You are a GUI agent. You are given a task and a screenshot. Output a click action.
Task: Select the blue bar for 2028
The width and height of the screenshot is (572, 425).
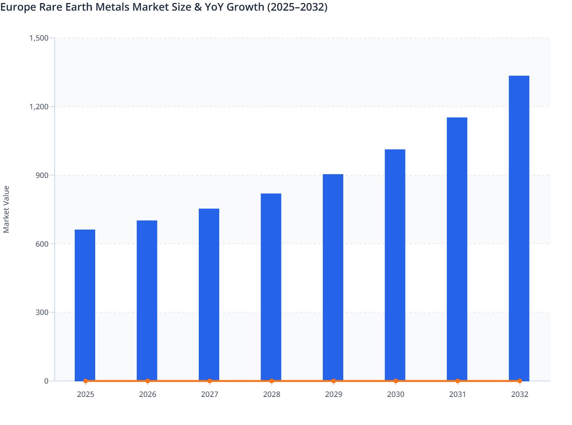(271, 287)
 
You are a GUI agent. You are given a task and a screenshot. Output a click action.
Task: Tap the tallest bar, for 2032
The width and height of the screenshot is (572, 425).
(519, 228)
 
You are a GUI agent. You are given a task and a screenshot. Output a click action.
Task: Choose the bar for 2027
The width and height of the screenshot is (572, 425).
(209, 294)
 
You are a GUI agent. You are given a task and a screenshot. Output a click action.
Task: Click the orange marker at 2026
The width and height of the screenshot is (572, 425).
(148, 381)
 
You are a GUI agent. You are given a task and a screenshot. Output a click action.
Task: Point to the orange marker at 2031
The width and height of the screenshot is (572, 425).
(457, 381)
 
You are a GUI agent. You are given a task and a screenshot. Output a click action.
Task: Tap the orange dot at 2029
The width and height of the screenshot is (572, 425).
(333, 381)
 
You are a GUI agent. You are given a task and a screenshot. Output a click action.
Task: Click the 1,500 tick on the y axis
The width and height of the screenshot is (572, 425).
(39, 38)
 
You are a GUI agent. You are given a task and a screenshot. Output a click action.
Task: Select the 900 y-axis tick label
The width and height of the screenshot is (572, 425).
(43, 175)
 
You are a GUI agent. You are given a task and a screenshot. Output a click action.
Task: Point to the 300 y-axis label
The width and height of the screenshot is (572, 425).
(43, 312)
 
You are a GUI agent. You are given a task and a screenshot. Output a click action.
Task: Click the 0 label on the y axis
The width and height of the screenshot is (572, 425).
(46, 381)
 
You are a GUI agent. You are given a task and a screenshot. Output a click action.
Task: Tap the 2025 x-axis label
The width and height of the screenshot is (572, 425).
(85, 394)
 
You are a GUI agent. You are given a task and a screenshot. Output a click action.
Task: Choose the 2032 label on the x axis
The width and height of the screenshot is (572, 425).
(519, 394)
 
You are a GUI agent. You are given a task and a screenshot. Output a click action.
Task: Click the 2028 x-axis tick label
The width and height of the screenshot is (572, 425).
(272, 394)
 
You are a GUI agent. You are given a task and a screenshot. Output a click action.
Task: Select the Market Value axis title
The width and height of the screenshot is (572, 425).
(6, 209)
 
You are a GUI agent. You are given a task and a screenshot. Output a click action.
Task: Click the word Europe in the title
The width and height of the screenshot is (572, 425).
(18, 7)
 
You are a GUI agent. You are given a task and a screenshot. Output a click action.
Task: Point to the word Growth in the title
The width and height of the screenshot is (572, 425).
(246, 7)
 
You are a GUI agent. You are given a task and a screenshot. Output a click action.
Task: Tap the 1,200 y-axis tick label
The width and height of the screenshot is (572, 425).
(39, 107)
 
